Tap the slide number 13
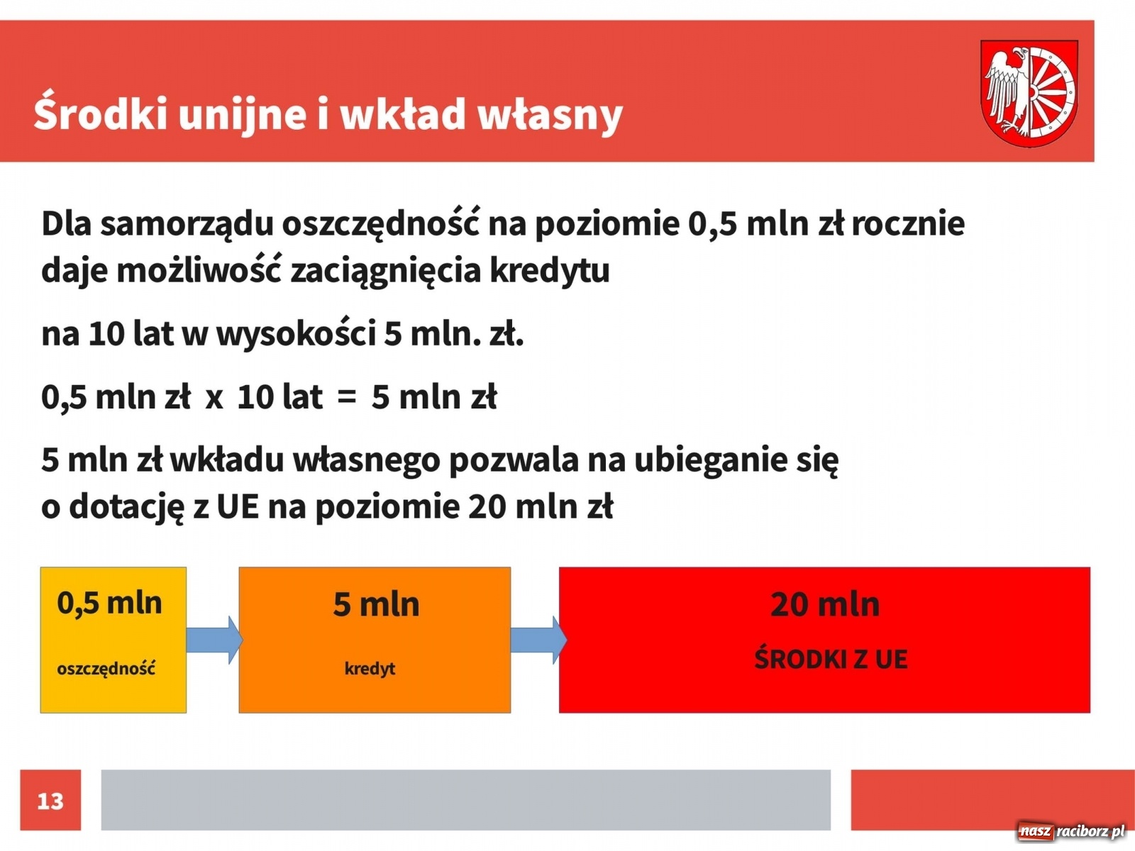click(x=50, y=801)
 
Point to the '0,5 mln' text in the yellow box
click(x=110, y=604)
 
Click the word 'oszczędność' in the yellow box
click(x=106, y=669)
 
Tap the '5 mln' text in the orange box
click(x=376, y=605)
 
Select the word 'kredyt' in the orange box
click(x=370, y=669)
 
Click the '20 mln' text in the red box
click(x=825, y=605)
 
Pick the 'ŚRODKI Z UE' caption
click(x=831, y=660)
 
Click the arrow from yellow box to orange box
click(x=214, y=640)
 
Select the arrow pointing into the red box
click(x=538, y=640)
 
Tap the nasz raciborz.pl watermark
click(x=1072, y=832)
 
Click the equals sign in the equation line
click(x=346, y=398)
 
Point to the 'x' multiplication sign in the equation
click(x=214, y=399)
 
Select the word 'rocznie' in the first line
click(x=908, y=224)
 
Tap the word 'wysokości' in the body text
click(x=295, y=334)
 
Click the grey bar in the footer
click(x=465, y=800)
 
